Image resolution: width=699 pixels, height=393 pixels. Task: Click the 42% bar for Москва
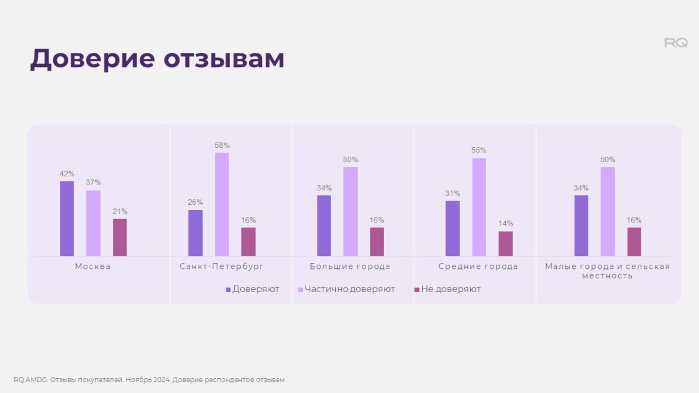click(67, 218)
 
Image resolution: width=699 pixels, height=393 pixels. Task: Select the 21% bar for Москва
click(119, 237)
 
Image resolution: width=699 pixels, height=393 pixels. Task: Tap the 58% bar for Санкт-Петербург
click(222, 204)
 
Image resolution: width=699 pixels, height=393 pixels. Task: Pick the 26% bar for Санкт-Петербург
click(195, 233)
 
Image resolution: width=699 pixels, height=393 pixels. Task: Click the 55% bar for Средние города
click(479, 207)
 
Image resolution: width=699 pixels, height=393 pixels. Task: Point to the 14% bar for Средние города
click(505, 243)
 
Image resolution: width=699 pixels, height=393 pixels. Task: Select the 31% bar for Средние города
click(452, 229)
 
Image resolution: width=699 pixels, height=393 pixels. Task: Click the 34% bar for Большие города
click(324, 226)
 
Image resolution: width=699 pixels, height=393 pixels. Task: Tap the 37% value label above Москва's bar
click(93, 183)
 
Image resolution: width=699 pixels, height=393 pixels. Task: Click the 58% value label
click(222, 145)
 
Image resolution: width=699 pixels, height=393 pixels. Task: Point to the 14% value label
click(505, 224)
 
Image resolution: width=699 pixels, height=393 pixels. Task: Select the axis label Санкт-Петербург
click(222, 267)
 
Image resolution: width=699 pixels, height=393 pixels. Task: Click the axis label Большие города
click(350, 267)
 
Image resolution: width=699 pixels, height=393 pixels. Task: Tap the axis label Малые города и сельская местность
click(607, 271)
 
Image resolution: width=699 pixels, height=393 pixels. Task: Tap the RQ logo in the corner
click(676, 43)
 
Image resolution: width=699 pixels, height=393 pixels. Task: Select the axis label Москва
click(93, 267)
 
